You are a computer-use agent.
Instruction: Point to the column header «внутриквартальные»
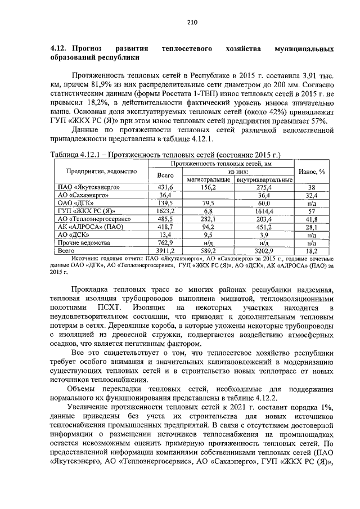264,179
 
